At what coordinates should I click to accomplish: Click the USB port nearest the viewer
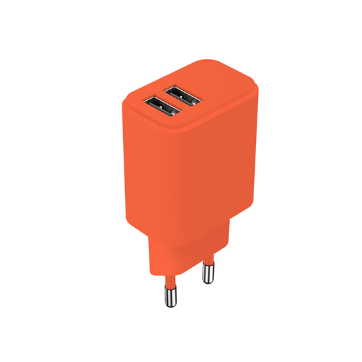point(162,107)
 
